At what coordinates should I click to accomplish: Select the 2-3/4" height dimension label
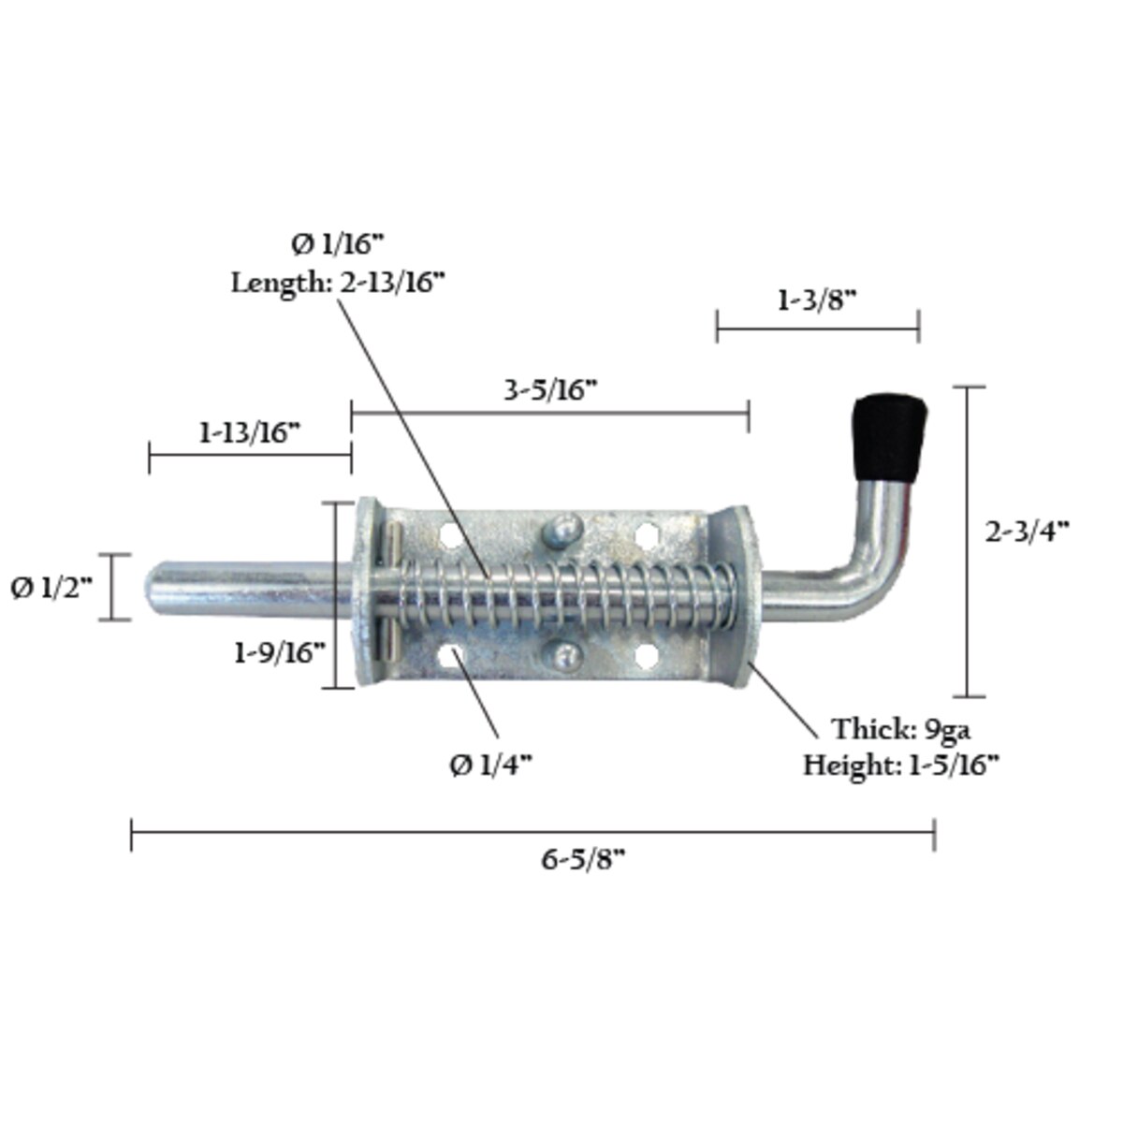(x=1027, y=532)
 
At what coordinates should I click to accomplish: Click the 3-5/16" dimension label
(x=550, y=391)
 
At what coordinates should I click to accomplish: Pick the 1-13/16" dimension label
(x=249, y=433)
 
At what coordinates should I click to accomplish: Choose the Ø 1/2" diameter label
(x=52, y=589)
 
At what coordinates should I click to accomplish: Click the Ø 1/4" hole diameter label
(x=490, y=766)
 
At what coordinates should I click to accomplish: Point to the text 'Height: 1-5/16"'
(x=900, y=766)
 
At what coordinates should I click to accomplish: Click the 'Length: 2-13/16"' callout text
(x=337, y=283)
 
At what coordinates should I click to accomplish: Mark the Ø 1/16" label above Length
(x=337, y=245)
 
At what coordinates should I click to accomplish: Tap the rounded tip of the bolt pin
(x=155, y=589)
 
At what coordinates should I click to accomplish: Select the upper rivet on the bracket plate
(x=561, y=532)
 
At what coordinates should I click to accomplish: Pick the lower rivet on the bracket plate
(x=564, y=655)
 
